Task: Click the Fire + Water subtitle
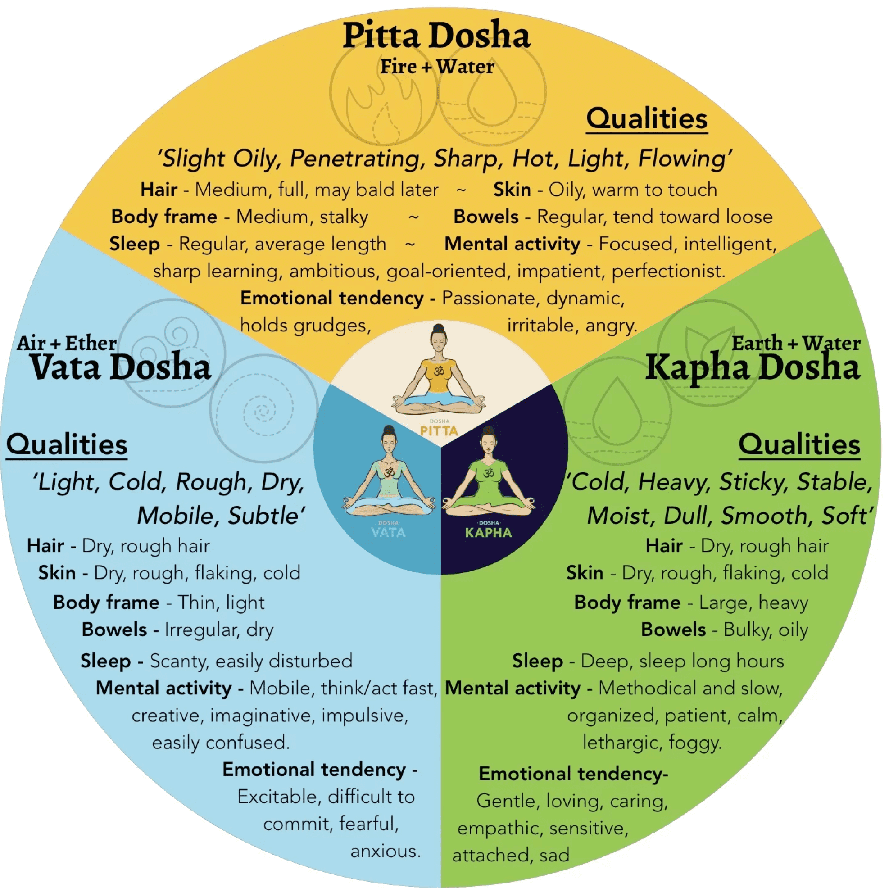pyautogui.click(x=437, y=67)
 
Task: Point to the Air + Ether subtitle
pyautogui.click(x=67, y=343)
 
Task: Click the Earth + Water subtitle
pyautogui.click(x=796, y=343)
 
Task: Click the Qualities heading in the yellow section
pyautogui.click(x=647, y=119)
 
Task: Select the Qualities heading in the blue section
pyautogui.click(x=67, y=445)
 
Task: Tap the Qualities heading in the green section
pyautogui.click(x=799, y=445)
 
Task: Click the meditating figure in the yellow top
pyautogui.click(x=439, y=371)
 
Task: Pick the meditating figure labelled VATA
pyautogui.click(x=389, y=474)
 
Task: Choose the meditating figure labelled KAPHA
pyautogui.click(x=489, y=474)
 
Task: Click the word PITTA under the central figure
pyautogui.click(x=439, y=431)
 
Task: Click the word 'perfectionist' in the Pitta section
pyautogui.click(x=668, y=272)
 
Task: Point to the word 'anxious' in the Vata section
pyautogui.click(x=386, y=851)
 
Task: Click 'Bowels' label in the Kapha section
pyautogui.click(x=673, y=630)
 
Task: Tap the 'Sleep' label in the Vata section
pyautogui.click(x=105, y=661)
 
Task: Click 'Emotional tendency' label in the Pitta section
pyautogui.click(x=332, y=298)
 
